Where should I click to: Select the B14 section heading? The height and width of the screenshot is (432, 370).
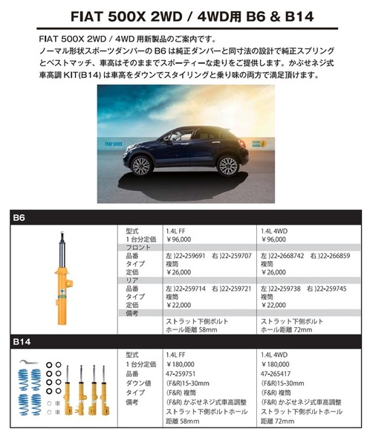(x=22, y=341)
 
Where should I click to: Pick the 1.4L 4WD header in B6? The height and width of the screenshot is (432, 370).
(x=278, y=232)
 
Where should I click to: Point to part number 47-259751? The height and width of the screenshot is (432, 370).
(x=186, y=374)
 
